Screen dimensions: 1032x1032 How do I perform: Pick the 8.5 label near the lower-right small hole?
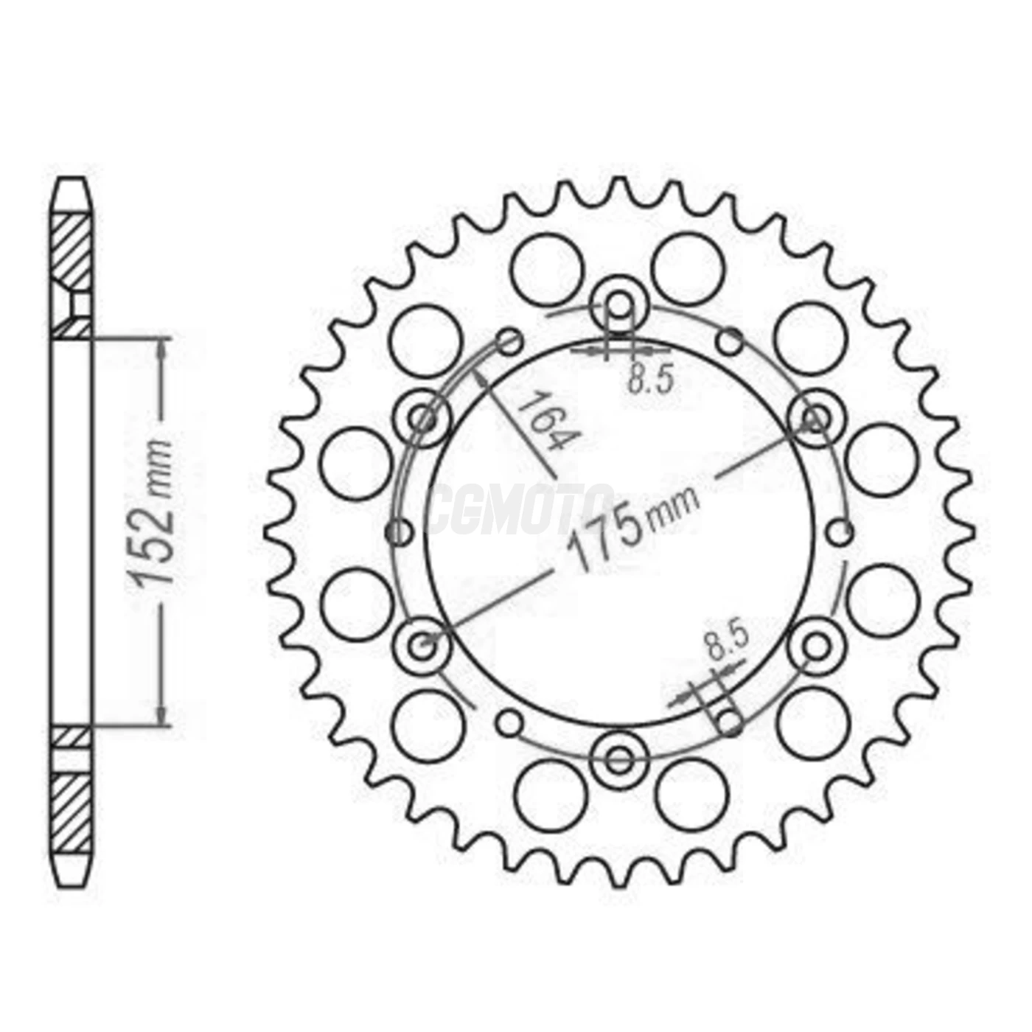point(726,641)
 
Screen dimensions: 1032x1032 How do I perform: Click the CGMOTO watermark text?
point(520,509)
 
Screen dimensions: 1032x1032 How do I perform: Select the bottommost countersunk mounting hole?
point(620,759)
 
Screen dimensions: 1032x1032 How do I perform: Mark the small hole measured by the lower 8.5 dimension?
point(729,721)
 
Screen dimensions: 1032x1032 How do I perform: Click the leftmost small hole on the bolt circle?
point(400,531)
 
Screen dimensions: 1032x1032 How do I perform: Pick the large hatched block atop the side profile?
point(72,249)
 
